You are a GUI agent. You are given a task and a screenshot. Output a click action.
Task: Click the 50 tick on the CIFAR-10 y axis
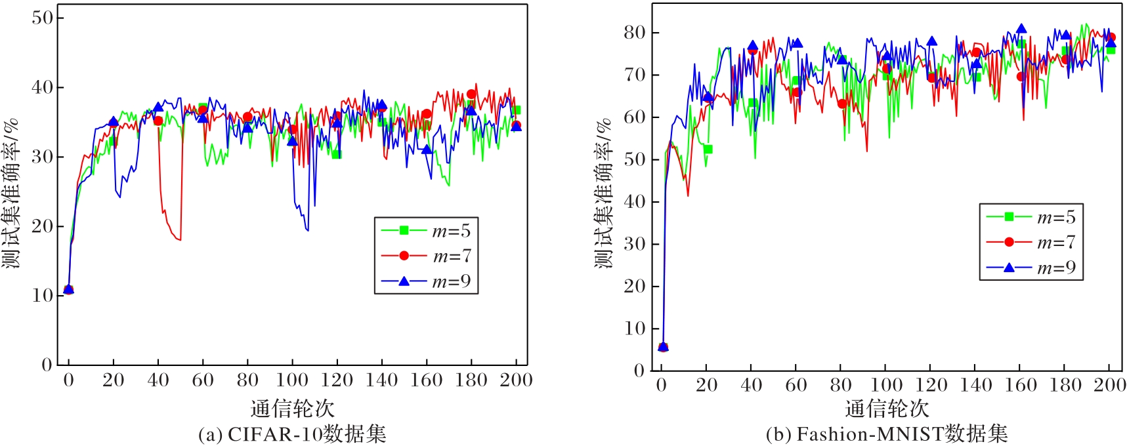coord(43,18)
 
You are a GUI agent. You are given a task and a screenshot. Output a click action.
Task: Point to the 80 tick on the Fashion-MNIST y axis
coord(635,32)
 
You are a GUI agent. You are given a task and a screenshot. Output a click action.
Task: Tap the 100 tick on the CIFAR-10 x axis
coord(292,380)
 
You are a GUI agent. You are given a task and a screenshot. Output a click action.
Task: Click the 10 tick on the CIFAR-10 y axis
coord(43,295)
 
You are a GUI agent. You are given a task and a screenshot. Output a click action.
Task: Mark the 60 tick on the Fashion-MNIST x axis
coord(796,385)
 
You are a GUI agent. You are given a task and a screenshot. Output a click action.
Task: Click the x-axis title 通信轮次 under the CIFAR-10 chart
coord(293,409)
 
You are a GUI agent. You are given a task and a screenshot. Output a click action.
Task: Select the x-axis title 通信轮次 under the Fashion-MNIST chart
coord(887,409)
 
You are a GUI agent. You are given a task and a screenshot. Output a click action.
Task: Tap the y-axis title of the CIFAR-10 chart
coord(11,193)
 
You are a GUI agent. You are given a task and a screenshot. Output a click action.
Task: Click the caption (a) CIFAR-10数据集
coord(292,434)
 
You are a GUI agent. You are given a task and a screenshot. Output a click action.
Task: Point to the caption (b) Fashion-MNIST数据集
coord(886,434)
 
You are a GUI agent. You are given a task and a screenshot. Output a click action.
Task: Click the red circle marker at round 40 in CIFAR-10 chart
coord(158,121)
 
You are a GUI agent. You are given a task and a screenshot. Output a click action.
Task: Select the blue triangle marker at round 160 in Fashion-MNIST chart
coord(1021,29)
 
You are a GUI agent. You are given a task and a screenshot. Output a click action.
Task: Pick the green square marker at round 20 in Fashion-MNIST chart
coord(708,150)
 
